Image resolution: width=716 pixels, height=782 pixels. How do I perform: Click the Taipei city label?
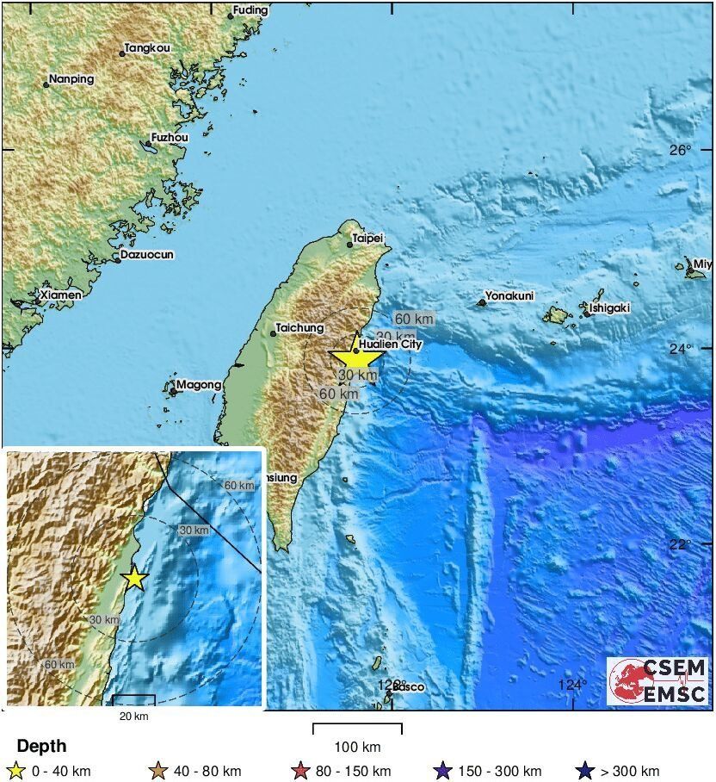(367, 238)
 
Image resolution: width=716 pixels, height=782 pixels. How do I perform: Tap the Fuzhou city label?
(170, 137)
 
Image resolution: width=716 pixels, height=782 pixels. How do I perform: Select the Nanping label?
(71, 78)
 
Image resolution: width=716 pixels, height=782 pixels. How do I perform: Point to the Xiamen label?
(61, 295)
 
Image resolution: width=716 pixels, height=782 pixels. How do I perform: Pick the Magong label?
(199, 385)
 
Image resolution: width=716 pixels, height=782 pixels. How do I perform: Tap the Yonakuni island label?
(509, 296)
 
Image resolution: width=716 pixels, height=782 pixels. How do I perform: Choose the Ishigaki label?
(610, 307)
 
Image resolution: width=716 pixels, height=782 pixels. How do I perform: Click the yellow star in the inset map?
(134, 578)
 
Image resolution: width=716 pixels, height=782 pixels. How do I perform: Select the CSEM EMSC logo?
(658, 681)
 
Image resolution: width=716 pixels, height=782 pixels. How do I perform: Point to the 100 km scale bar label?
(357, 746)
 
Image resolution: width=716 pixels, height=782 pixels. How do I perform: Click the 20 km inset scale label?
(133, 717)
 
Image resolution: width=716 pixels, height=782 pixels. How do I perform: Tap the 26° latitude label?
(681, 150)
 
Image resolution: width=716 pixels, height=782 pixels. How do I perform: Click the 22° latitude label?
(681, 544)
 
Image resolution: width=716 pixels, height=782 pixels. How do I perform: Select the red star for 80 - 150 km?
(300, 771)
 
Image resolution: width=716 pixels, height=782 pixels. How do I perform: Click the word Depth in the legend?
(41, 746)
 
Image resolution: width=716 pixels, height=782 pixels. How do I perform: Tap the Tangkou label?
(147, 49)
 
